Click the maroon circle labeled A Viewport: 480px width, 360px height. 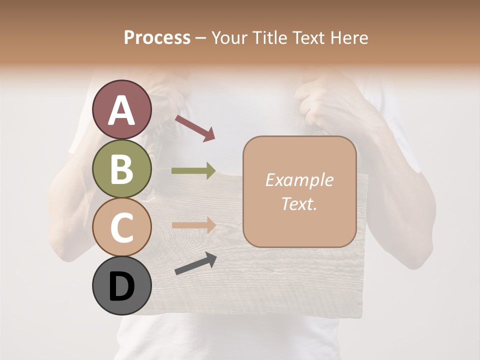[x=121, y=109]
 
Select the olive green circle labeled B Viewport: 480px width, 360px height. [x=121, y=168]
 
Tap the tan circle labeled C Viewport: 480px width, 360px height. [x=121, y=227]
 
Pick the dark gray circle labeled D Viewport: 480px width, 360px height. [x=121, y=286]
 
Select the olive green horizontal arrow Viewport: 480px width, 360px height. [x=194, y=171]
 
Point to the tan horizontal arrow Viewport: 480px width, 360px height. [x=194, y=225]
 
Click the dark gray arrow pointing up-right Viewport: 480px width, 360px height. [x=195, y=264]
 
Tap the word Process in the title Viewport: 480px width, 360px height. [x=157, y=37]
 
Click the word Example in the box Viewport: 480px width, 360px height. [x=299, y=180]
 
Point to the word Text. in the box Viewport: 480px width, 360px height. [x=299, y=203]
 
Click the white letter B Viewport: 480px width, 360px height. [x=121, y=169]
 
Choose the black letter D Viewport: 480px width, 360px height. [x=121, y=286]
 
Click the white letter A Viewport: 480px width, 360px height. [x=121, y=110]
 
